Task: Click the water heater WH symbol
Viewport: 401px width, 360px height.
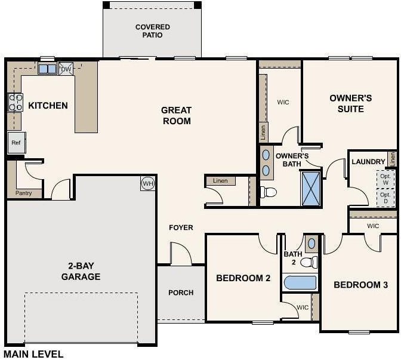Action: [148, 183]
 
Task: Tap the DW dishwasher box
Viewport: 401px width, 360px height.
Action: [66, 69]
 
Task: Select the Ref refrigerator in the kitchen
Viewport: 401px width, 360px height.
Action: [16, 143]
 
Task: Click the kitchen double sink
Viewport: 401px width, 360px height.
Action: [47, 69]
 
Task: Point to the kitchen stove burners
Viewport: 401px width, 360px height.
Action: [16, 102]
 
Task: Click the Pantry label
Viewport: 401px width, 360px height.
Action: [23, 193]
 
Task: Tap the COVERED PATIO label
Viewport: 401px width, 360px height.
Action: [153, 31]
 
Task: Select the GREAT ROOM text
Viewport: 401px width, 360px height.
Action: [177, 116]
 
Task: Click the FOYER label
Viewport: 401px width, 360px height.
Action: [181, 227]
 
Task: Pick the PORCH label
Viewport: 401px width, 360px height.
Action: [181, 293]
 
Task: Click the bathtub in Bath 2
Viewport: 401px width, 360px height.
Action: [300, 283]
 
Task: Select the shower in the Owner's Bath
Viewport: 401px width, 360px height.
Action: [311, 189]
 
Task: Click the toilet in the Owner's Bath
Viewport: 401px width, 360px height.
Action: [269, 192]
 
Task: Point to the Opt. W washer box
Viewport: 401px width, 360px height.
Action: [385, 179]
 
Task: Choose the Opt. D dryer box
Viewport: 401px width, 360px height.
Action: [385, 198]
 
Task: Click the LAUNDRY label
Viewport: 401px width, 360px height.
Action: [368, 162]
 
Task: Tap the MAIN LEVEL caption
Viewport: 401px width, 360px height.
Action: [33, 355]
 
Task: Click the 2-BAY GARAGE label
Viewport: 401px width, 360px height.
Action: [81, 271]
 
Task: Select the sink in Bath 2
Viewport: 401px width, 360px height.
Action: [311, 244]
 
